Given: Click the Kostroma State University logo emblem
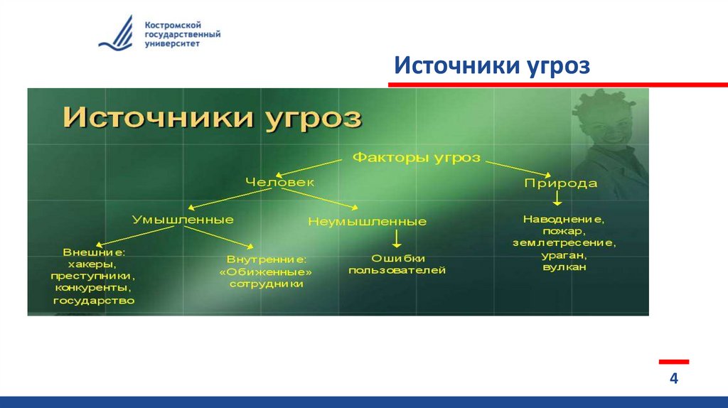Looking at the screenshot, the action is coord(117,33).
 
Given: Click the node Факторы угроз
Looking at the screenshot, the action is coord(417,156).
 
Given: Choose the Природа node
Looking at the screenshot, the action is coord(560,183).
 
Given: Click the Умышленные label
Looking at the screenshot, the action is coord(183,219).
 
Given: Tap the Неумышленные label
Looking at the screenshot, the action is coord(367,222).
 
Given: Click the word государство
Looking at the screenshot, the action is coord(94,300).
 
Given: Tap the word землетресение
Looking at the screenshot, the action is coord(564,243).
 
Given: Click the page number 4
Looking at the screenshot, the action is coord(673,379).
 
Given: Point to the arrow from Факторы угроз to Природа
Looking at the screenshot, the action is coord(519,167).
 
